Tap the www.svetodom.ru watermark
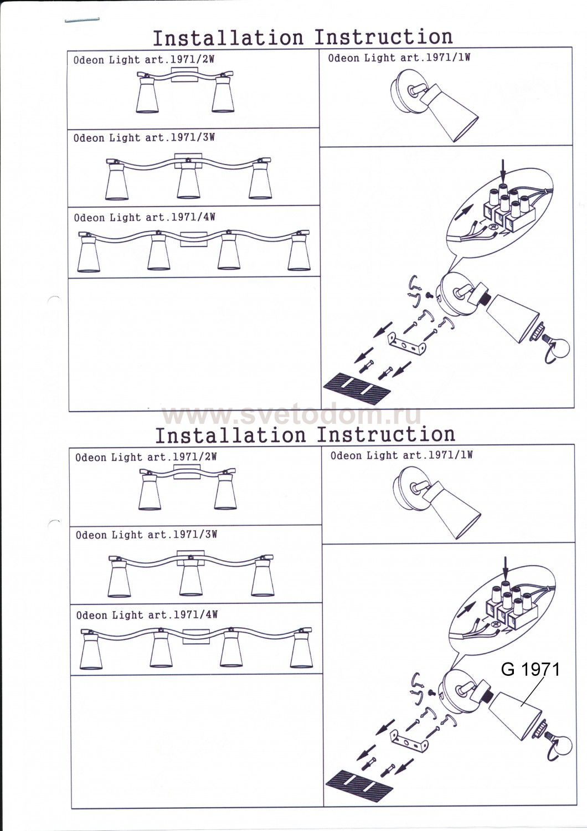tap(291, 415)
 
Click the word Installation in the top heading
tap(228, 38)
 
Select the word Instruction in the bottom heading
tap(386, 434)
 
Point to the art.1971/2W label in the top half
tap(180, 60)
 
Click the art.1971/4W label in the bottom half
tap(183, 615)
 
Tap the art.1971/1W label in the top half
tap(435, 58)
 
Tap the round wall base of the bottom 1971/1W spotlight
tap(407, 489)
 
